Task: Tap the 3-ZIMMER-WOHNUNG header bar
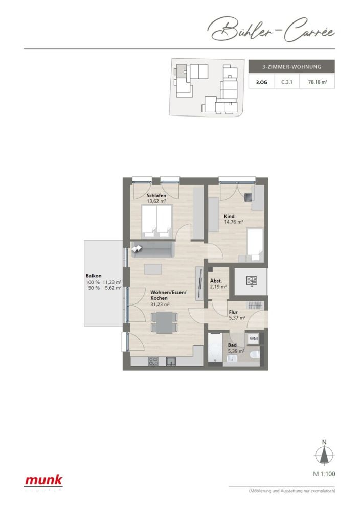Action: pos(291,67)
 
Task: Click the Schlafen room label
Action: pos(156,196)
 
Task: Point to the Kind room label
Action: pos(229,216)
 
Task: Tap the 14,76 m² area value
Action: pos(233,222)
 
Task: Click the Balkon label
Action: pos(94,276)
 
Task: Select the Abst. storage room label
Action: pos(216,280)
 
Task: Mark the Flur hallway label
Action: pos(234,311)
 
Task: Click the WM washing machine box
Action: pos(254,339)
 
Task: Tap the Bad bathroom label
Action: pos(232,345)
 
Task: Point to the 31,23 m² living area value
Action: pos(160,304)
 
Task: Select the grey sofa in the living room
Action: pos(153,250)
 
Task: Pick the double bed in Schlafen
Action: pos(156,221)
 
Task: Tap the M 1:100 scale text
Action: pos(324,474)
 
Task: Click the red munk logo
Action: pos(44,480)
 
